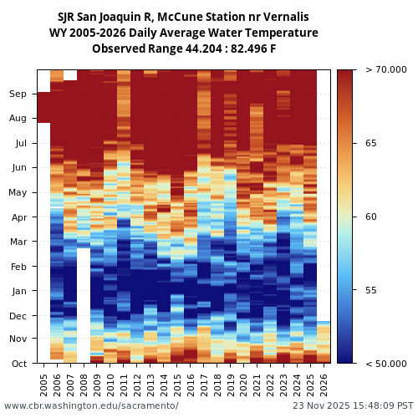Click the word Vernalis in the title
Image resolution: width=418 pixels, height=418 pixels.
coord(280,17)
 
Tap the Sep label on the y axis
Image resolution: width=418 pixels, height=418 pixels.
coord(18,94)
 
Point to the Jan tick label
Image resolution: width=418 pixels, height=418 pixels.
coord(18,291)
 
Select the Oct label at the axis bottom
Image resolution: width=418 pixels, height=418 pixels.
coord(18,364)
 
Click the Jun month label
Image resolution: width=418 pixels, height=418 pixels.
coord(18,168)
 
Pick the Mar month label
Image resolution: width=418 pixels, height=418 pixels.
coord(18,242)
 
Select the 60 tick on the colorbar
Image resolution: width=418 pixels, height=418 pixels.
coord(371,217)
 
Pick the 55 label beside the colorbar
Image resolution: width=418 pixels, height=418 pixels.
coord(371,290)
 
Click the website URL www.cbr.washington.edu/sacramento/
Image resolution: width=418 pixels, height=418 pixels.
coord(91,406)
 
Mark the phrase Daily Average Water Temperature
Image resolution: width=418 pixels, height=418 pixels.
coord(224,33)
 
